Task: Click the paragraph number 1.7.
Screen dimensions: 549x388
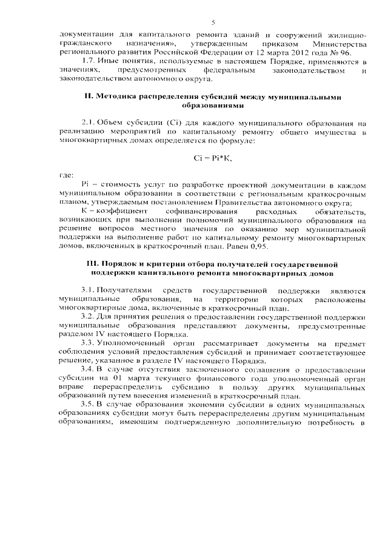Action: tap(87, 62)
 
